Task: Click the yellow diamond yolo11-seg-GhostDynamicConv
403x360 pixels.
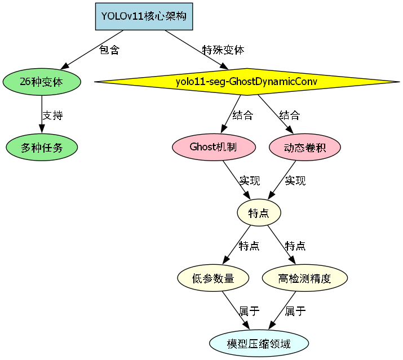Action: (x=246, y=81)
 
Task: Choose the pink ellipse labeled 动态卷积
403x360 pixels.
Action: (x=304, y=148)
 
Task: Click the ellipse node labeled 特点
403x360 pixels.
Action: (x=258, y=213)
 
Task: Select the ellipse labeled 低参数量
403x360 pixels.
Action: (x=213, y=278)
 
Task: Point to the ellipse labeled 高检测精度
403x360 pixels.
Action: (x=304, y=278)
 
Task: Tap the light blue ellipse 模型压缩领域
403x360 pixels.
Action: (x=259, y=344)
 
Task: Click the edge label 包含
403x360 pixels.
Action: (x=110, y=50)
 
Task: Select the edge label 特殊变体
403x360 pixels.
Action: (x=223, y=50)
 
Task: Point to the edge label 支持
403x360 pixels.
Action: (x=52, y=115)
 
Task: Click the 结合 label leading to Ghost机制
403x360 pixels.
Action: (x=243, y=115)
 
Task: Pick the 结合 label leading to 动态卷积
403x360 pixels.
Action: (x=290, y=115)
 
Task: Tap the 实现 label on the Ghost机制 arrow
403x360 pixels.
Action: (x=249, y=181)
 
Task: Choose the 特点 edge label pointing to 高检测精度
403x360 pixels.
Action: (x=295, y=246)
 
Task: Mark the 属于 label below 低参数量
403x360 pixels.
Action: (x=249, y=311)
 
